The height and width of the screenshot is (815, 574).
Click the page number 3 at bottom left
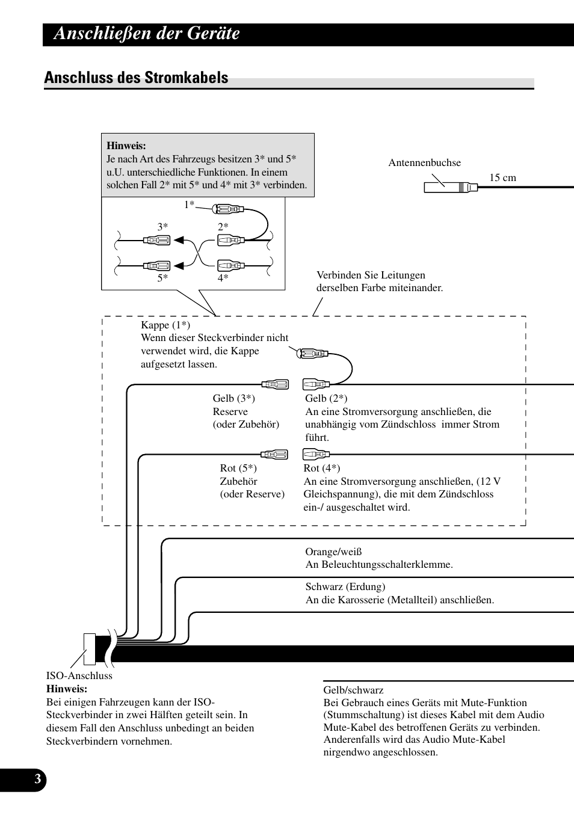pos(37,780)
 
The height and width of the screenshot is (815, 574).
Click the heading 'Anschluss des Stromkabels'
pos(136,78)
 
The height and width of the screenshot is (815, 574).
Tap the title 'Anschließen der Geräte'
pos(146,34)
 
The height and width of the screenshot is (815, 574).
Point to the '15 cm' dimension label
pos(502,177)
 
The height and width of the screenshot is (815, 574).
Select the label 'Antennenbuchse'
pos(424,162)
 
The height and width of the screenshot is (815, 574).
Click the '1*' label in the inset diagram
pos(189,205)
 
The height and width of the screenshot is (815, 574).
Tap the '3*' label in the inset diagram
pos(162,227)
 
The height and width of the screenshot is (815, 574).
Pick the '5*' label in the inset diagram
pos(162,278)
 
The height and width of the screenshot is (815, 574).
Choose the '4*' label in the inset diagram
pos(223,278)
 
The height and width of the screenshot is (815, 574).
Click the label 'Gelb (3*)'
pos(233,398)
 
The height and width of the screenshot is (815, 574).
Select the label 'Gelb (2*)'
pos(326,398)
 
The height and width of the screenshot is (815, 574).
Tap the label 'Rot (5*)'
pos(238,468)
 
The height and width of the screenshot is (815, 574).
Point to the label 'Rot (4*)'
pos(321,468)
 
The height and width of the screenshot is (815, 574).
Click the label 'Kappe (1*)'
pos(165,325)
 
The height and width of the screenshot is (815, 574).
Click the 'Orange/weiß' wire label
pos(333,552)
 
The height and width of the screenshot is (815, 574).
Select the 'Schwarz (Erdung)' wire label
pos(345,586)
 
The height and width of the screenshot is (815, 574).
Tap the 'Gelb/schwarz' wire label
pos(353,690)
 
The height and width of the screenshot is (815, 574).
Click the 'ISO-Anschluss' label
pos(79,675)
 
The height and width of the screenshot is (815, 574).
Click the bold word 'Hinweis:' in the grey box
pos(126,146)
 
